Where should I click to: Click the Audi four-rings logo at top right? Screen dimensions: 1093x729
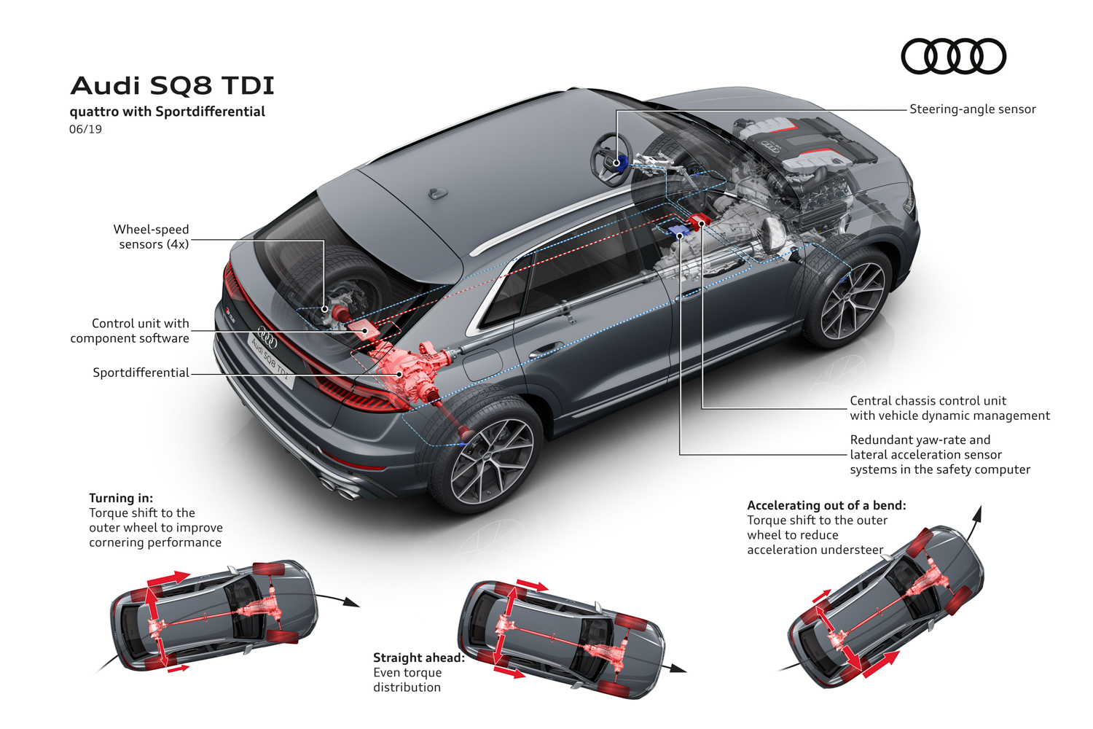pyautogui.click(x=953, y=56)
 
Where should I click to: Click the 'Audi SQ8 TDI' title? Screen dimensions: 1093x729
pyautogui.click(x=172, y=85)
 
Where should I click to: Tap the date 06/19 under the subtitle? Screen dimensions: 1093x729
pyautogui.click(x=85, y=129)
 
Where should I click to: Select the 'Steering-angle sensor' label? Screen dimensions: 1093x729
pyautogui.click(x=973, y=109)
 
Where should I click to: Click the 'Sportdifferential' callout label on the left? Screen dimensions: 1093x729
pyautogui.click(x=141, y=373)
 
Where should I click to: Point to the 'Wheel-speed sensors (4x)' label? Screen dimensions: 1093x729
pyautogui.click(x=152, y=236)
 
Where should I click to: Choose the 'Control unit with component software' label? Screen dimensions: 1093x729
pyautogui.click(x=130, y=330)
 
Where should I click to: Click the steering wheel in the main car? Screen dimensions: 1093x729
pyautogui.click(x=611, y=159)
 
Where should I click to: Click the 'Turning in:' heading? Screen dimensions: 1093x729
pyautogui.click(x=121, y=498)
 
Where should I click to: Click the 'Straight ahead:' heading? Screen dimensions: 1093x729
pyautogui.click(x=419, y=658)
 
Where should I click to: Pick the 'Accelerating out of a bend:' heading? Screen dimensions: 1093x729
pyautogui.click(x=826, y=505)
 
